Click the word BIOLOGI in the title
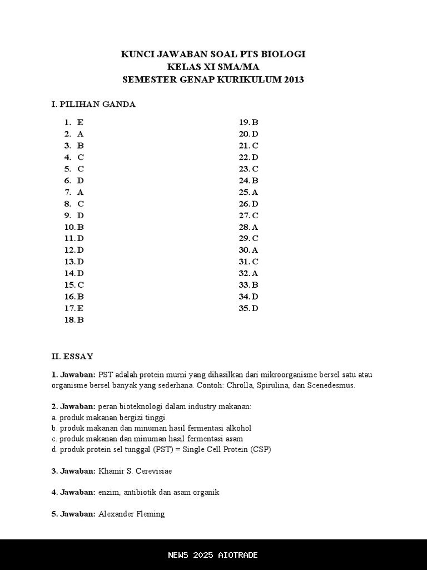click(x=285, y=55)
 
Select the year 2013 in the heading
click(x=293, y=80)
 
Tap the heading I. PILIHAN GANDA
click(x=93, y=104)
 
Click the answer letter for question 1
click(x=81, y=122)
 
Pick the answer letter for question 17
click(x=81, y=308)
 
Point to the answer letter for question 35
click(x=255, y=308)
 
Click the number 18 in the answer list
click(x=69, y=320)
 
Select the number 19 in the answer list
click(x=244, y=122)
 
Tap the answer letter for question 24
click(x=255, y=180)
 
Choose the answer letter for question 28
click(x=255, y=227)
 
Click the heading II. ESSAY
click(x=72, y=356)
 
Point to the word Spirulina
click(x=294, y=385)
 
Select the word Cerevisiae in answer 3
click(x=153, y=471)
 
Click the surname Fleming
click(x=150, y=514)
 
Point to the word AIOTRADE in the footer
click(x=236, y=555)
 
